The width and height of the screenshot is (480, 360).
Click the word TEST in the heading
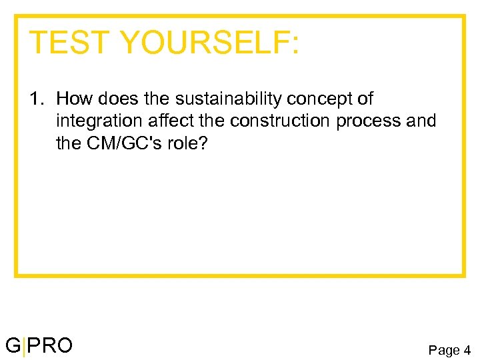pyautogui.click(x=68, y=43)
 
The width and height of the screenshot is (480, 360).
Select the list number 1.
pyautogui.click(x=34, y=99)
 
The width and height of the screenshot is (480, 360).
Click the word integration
pyautogui.click(x=95, y=121)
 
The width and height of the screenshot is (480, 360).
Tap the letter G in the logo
pyautogui.click(x=13, y=345)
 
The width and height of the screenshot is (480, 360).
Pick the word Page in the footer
pyautogui.click(x=443, y=349)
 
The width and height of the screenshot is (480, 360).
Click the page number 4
pyautogui.click(x=467, y=349)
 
